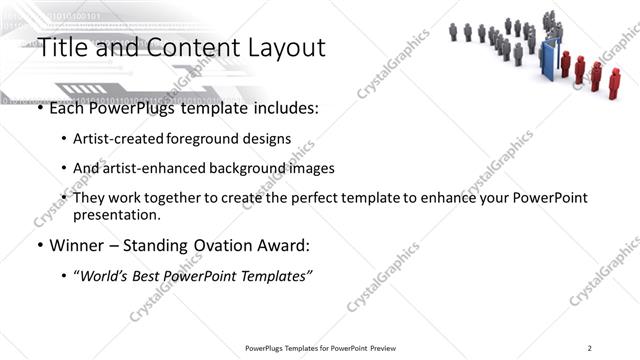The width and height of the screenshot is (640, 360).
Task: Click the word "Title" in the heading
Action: tap(62, 47)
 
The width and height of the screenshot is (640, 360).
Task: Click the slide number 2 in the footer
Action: tap(590, 348)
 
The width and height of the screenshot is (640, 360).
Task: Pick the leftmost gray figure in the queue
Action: tap(453, 31)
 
